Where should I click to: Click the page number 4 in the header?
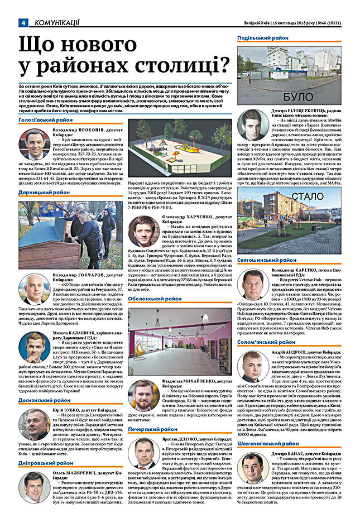click(x=23, y=22)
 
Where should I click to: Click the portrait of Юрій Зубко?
click(x=34, y=425)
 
